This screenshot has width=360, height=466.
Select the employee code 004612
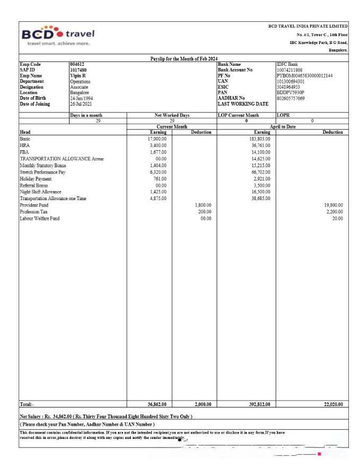(x=77, y=64)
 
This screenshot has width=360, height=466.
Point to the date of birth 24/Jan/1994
(x=81, y=98)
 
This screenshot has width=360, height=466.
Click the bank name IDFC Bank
(x=287, y=64)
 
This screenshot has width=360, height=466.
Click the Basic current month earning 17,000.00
(x=157, y=139)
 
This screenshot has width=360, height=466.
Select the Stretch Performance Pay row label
(x=42, y=172)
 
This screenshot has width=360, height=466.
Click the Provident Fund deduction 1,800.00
(x=203, y=205)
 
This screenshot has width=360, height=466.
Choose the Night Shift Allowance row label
(x=40, y=192)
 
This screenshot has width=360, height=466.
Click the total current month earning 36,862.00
(x=157, y=404)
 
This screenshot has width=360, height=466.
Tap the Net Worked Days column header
(x=172, y=115)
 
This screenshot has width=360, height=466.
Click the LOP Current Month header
(x=238, y=115)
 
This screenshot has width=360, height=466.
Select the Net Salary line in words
(x=106, y=416)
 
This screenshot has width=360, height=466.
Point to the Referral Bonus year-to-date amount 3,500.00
(x=262, y=185)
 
